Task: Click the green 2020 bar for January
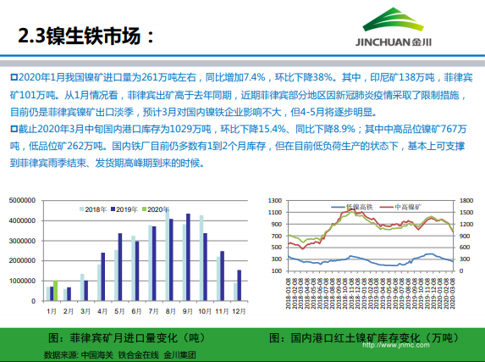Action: [x=56, y=291]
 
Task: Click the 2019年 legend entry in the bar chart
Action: [x=124, y=209]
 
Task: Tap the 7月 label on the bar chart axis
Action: [x=152, y=311]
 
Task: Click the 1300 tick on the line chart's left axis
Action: [x=274, y=202]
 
